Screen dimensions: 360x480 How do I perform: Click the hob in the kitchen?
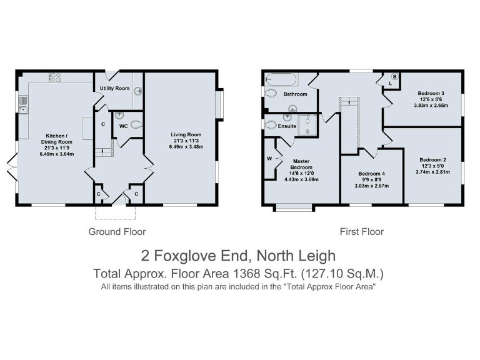coord(54,77)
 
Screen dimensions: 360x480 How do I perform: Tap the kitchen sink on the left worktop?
coord(23,104)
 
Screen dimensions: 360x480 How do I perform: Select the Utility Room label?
coord(114,89)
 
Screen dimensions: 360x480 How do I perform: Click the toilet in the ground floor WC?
coord(136,124)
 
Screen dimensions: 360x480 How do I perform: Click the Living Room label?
coord(186,134)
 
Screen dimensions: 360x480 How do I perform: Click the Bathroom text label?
coord(295,94)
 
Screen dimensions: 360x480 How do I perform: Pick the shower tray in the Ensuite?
coord(307,124)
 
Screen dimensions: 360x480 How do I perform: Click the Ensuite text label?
coord(287,126)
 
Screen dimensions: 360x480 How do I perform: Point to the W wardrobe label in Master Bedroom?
coord(269,157)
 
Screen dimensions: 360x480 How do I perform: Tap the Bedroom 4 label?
coord(372,174)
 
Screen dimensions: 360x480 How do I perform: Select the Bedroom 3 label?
coord(431,94)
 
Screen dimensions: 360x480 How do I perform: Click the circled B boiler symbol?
coord(394,76)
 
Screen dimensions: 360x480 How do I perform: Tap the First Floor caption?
coord(362,232)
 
